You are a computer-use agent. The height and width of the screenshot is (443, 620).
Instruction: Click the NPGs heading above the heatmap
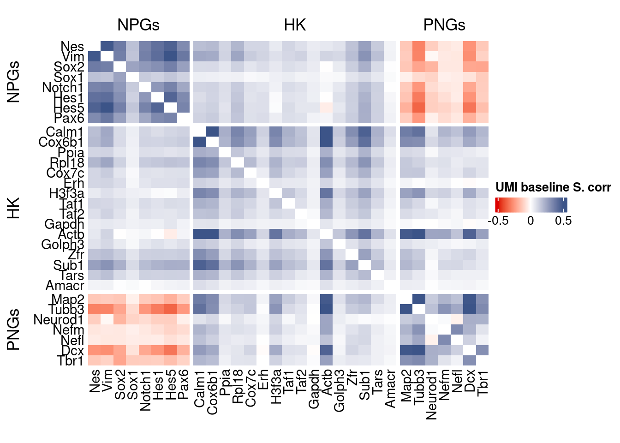click(138, 25)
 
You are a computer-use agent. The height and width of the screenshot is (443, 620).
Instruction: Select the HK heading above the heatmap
click(295, 25)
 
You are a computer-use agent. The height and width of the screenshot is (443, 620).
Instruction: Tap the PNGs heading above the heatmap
click(444, 25)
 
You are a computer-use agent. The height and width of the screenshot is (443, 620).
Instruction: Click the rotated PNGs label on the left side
click(13, 329)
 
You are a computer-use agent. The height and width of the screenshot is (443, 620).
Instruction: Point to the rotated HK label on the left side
click(13, 209)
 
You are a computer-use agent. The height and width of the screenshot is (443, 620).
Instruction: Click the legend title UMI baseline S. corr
click(553, 187)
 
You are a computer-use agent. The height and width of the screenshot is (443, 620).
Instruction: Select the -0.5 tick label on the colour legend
click(498, 221)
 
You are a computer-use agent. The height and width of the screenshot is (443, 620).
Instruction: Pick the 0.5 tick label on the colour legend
click(563, 221)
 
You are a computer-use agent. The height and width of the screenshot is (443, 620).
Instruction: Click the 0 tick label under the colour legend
click(531, 221)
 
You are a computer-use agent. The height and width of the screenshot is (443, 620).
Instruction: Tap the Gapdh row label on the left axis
click(64, 224)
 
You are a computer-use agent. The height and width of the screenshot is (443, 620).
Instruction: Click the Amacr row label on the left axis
click(65, 286)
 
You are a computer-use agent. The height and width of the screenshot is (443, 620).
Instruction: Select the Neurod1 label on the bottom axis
click(431, 395)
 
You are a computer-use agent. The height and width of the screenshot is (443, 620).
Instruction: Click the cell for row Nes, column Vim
click(107, 46)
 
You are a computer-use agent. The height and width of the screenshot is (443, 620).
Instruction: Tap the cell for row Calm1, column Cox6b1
click(212, 132)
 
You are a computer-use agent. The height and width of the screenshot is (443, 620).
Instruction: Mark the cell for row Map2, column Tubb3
click(419, 299)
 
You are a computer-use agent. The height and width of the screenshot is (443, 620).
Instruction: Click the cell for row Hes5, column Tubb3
click(419, 108)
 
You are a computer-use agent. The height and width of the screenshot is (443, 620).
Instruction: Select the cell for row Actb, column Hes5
click(171, 234)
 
